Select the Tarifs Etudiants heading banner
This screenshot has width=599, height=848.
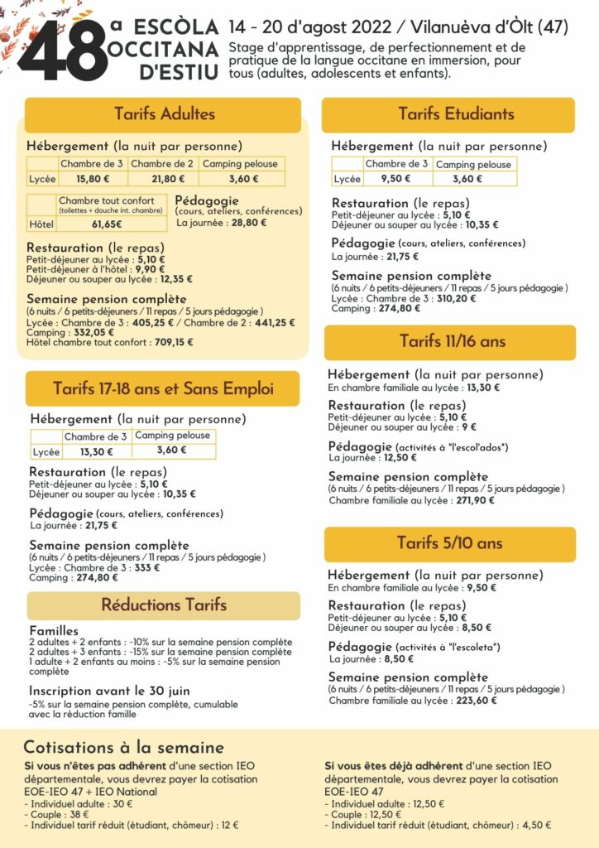tap(455, 113)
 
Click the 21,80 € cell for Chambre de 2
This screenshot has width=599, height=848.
tap(163, 178)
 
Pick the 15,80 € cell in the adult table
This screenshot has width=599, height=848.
tap(93, 178)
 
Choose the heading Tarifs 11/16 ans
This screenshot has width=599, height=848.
tap(452, 341)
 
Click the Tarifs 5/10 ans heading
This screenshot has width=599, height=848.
tap(449, 543)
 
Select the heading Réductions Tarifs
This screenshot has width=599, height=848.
tap(164, 605)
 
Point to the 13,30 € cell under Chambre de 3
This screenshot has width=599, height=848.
tap(97, 452)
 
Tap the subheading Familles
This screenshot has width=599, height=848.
tap(54, 631)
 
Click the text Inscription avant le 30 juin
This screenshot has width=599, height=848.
tap(109, 691)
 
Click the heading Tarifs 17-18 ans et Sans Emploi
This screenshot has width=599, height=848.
tap(163, 388)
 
